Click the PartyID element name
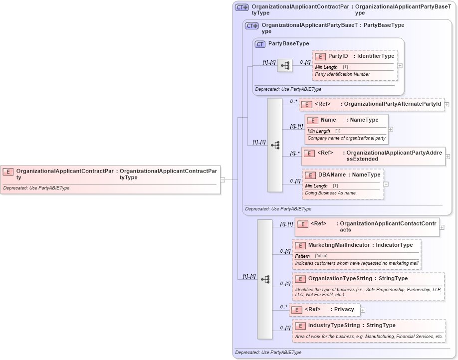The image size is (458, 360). pos(338,56)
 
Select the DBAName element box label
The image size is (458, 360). pos(331,175)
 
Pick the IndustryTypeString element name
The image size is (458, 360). pos(334,325)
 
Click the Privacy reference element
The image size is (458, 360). pos(344,309)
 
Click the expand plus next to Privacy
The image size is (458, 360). pos(363,310)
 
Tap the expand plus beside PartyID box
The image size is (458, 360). pos(400,65)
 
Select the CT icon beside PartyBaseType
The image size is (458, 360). pos(260,44)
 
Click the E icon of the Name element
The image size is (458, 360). pos(313,120)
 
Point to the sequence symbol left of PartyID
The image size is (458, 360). pos(285,65)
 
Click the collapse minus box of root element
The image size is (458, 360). pos(223,180)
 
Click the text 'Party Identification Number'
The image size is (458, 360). pos(342,74)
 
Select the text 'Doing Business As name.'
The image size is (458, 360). pos(330,193)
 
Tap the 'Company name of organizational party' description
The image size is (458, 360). pos(346,138)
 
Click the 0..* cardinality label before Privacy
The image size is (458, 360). pos(283,307)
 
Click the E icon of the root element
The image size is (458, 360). pos(8,171)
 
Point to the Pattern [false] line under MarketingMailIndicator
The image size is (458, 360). pos(311,256)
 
